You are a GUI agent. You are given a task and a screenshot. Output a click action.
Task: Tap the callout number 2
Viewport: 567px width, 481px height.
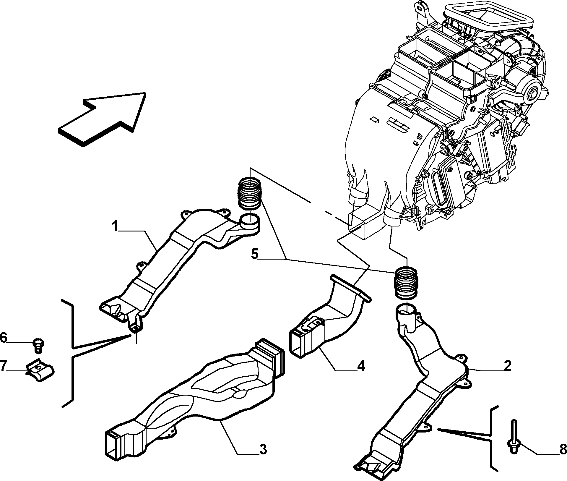(x=507, y=366)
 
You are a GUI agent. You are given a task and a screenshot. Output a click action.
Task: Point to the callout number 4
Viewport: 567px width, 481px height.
(x=361, y=366)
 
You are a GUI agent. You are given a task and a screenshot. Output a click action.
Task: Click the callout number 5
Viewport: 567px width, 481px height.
(x=254, y=254)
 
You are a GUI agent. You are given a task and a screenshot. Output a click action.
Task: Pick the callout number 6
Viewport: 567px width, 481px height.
(x=3, y=337)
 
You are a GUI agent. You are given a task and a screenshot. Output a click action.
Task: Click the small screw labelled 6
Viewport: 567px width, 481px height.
(x=38, y=345)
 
